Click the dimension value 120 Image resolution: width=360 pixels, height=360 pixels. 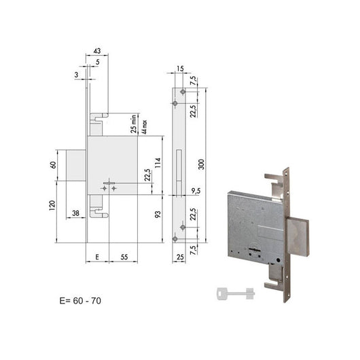[53, 206]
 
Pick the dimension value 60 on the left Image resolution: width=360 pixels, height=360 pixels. [53, 165]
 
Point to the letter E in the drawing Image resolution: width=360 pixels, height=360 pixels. [98, 257]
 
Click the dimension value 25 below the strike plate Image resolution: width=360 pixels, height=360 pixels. [179, 257]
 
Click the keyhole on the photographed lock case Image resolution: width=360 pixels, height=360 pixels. [259, 253]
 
